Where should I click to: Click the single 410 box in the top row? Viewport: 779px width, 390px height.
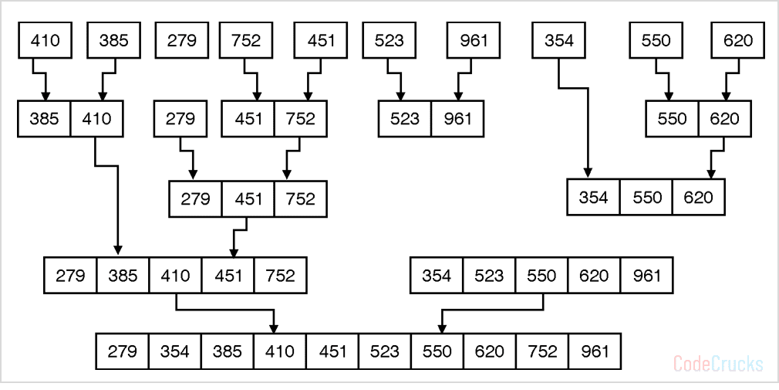(45, 40)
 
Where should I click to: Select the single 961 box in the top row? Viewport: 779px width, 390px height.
(474, 40)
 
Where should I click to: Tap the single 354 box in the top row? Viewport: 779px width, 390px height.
(559, 40)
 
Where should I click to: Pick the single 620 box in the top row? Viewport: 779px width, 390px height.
(738, 40)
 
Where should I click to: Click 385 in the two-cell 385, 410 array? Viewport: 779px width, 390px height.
(45, 119)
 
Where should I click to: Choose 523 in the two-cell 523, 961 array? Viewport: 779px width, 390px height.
(405, 119)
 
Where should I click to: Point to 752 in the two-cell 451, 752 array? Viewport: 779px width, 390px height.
(300, 119)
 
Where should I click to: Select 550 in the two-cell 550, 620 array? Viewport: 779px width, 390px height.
(673, 119)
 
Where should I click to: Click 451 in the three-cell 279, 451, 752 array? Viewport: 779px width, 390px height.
(248, 198)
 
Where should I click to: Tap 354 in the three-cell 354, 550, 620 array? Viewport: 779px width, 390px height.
(593, 197)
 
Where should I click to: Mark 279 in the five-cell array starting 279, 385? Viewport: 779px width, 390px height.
(71, 276)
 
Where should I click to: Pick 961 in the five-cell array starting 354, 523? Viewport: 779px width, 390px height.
(646, 276)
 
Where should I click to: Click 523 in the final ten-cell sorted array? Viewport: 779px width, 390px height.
(384, 351)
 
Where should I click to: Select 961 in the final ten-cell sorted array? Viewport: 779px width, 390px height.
(594, 351)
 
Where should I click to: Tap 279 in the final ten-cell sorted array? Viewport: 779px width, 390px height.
(123, 351)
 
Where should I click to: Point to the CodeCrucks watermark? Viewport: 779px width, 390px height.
(718, 363)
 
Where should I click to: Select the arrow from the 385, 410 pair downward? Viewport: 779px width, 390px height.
(117, 201)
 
